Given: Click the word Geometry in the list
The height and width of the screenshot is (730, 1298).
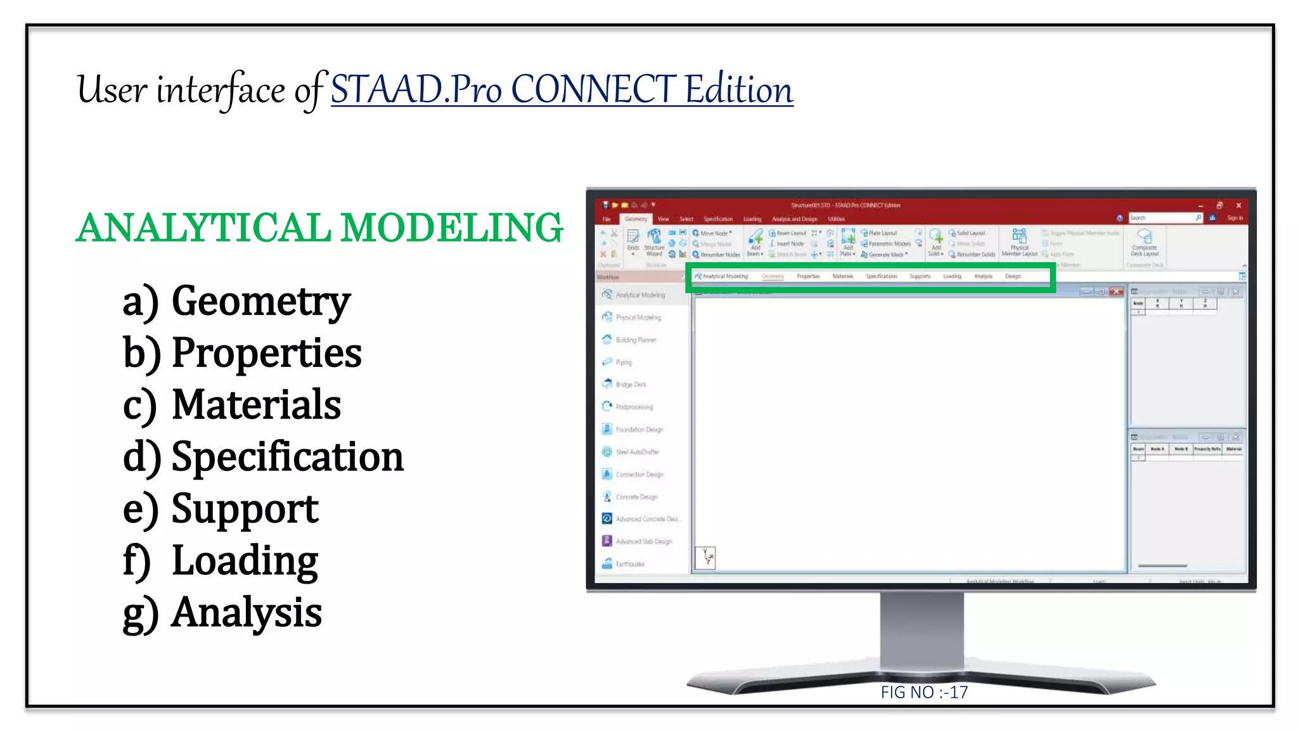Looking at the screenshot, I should pyautogui.click(x=260, y=302).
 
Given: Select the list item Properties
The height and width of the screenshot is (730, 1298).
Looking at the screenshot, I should pyautogui.click(x=266, y=354).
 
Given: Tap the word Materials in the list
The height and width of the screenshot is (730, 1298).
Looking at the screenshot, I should pyautogui.click(x=256, y=406).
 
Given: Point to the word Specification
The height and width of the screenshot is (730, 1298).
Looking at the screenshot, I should pyautogui.click(x=287, y=458).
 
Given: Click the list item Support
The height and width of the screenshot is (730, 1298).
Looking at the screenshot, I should pyautogui.click(x=245, y=509).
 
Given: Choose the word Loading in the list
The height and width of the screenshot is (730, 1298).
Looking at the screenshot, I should pyautogui.click(x=245, y=561).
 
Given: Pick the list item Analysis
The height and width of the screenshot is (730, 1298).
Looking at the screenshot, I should pyautogui.click(x=247, y=613).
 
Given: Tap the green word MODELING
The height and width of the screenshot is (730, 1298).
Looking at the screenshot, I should pyautogui.click(x=451, y=228).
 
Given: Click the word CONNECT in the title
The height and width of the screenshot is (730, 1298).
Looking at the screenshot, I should pyautogui.click(x=594, y=89).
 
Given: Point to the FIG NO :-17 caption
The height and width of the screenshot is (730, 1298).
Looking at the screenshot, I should pyautogui.click(x=924, y=692).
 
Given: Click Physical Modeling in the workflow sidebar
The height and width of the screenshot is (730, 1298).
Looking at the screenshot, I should pyautogui.click(x=638, y=317).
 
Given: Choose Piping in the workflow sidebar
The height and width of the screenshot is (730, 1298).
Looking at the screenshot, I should pyautogui.click(x=624, y=362).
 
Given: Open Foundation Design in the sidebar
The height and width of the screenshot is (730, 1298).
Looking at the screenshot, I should pyautogui.click(x=639, y=430).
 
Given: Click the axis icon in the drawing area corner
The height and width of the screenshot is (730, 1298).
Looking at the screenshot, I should pyautogui.click(x=706, y=558).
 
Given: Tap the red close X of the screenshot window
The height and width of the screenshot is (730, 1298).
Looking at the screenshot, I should pyautogui.click(x=1238, y=205).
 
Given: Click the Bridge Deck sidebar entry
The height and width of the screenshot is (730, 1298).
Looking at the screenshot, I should pyautogui.click(x=631, y=385).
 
